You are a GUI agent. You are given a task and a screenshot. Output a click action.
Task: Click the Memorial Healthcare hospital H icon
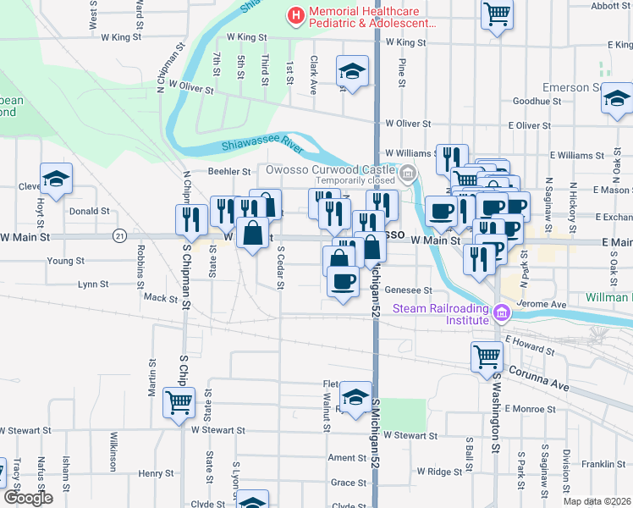pyautogui.click(x=295, y=15)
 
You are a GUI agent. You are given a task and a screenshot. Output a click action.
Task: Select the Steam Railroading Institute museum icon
pyautogui.click(x=502, y=313)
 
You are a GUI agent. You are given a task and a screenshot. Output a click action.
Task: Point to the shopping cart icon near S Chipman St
pyautogui.click(x=179, y=403)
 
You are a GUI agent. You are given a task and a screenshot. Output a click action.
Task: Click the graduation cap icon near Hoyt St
pyautogui.click(x=57, y=178)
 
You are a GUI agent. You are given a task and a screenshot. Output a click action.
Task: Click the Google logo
pyautogui.click(x=28, y=498)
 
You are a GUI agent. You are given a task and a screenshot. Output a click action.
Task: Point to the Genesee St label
pyautogui.click(x=409, y=290)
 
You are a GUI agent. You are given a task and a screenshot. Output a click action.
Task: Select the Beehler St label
pyautogui.click(x=226, y=172)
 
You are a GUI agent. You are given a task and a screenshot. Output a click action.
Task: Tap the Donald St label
pyautogui.click(x=89, y=211)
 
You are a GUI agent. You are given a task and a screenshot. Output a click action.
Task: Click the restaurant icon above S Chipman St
pyautogui.click(x=191, y=218)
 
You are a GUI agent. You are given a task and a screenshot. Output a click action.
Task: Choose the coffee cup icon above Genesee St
pyautogui.click(x=343, y=281)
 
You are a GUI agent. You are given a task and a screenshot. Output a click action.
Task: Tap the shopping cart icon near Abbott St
pyautogui.click(x=497, y=12)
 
